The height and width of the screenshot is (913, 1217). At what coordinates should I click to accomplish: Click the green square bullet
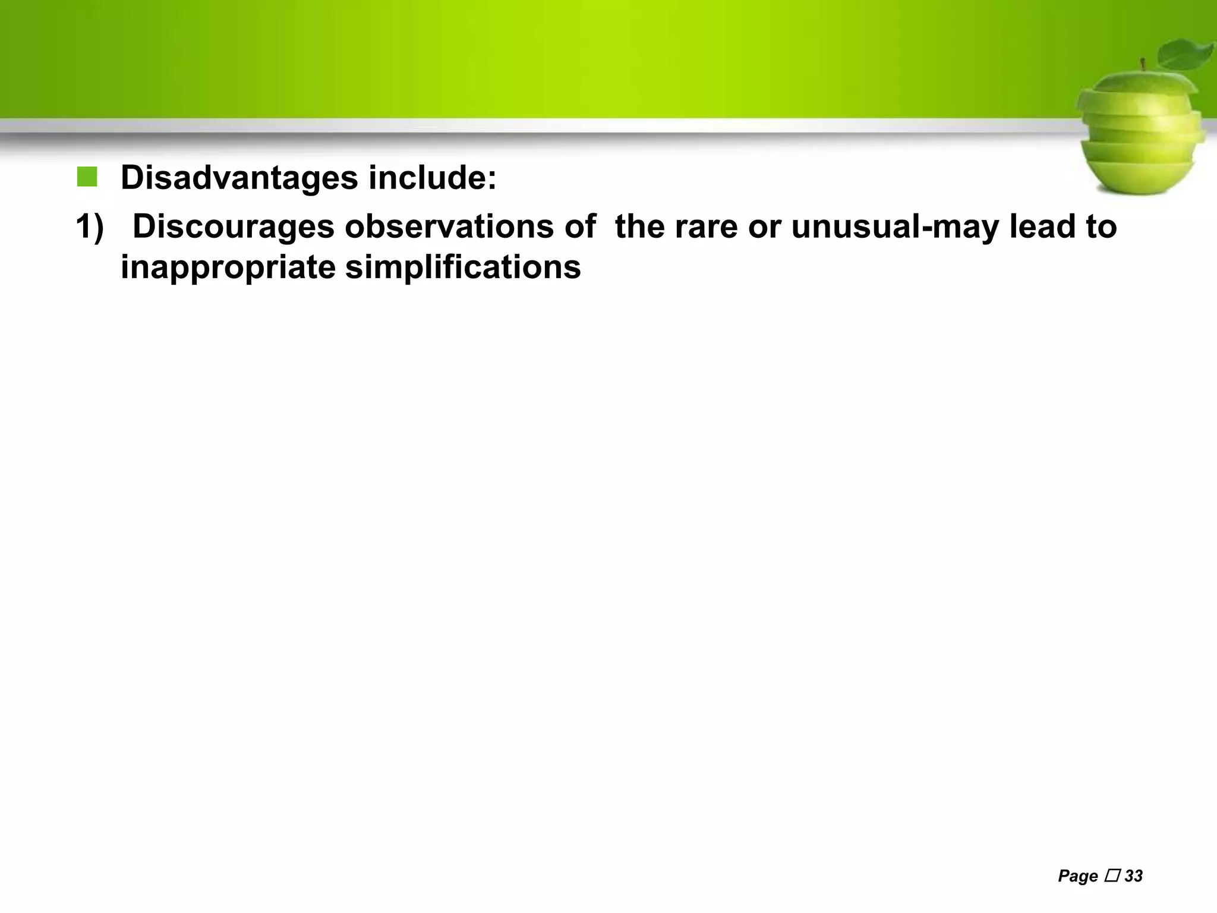click(x=87, y=177)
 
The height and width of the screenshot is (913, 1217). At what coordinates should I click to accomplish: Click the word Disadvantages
click(x=239, y=177)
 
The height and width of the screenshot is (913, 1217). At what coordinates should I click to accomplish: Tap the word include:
click(x=432, y=177)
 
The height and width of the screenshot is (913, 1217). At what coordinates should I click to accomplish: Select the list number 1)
click(x=90, y=227)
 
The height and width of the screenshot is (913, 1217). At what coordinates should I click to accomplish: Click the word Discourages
click(x=233, y=227)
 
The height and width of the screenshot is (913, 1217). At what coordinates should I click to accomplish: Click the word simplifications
click(x=463, y=266)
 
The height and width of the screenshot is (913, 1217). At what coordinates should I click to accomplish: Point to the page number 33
click(x=1134, y=876)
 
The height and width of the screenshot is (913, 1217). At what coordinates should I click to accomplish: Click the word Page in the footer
click(x=1077, y=876)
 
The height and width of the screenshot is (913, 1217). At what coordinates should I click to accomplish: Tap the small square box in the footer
click(x=1111, y=876)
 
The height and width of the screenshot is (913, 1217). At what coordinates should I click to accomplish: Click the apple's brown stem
click(x=1142, y=65)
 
